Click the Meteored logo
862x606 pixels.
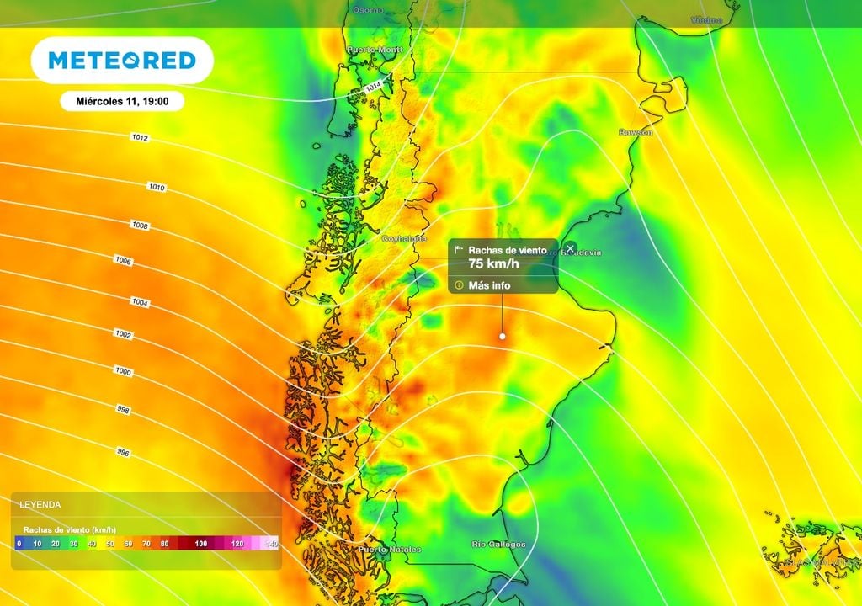(122, 60)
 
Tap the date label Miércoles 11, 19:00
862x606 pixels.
(122, 101)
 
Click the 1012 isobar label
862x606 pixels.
(140, 137)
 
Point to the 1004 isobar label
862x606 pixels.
(140, 301)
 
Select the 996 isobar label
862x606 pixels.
(123, 453)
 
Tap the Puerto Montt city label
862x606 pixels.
(375, 50)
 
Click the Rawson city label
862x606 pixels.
(635, 132)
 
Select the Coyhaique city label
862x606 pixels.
(404, 239)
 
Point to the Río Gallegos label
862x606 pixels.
(499, 545)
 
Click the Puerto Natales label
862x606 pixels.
(389, 550)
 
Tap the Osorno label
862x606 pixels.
(368, 9)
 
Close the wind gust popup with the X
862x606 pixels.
(570, 248)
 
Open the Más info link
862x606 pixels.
(489, 285)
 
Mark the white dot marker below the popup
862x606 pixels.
(503, 336)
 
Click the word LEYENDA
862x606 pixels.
(40, 505)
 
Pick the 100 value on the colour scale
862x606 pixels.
(200, 544)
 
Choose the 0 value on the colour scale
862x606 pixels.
(19, 544)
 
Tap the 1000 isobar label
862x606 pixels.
(123, 371)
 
